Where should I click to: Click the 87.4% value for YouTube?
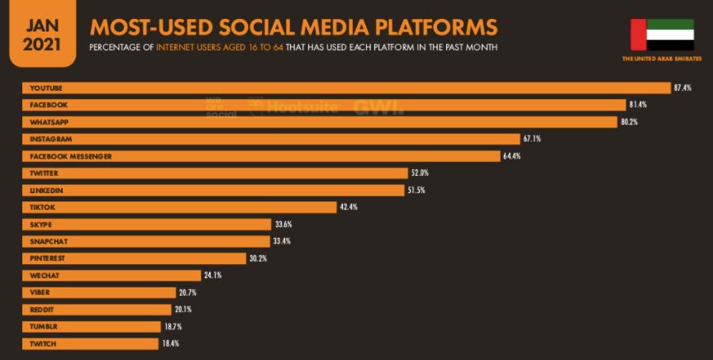(682, 88)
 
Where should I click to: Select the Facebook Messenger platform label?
(70, 156)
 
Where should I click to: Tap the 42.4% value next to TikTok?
(349, 207)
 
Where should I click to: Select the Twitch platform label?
(43, 343)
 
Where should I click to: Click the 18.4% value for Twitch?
(171, 343)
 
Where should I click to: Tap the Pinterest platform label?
(47, 258)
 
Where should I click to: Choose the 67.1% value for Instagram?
(531, 139)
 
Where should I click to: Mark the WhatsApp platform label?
(49, 122)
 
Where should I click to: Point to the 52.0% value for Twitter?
(420, 173)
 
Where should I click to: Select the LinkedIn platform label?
(46, 190)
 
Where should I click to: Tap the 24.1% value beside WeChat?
(213, 275)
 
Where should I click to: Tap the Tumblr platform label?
(44, 326)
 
